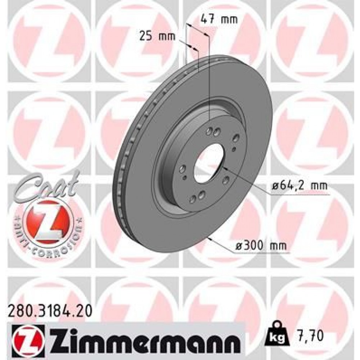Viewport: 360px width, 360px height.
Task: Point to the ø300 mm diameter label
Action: pyautogui.click(x=261, y=246)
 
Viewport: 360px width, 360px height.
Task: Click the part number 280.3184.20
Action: pyautogui.click(x=49, y=309)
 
